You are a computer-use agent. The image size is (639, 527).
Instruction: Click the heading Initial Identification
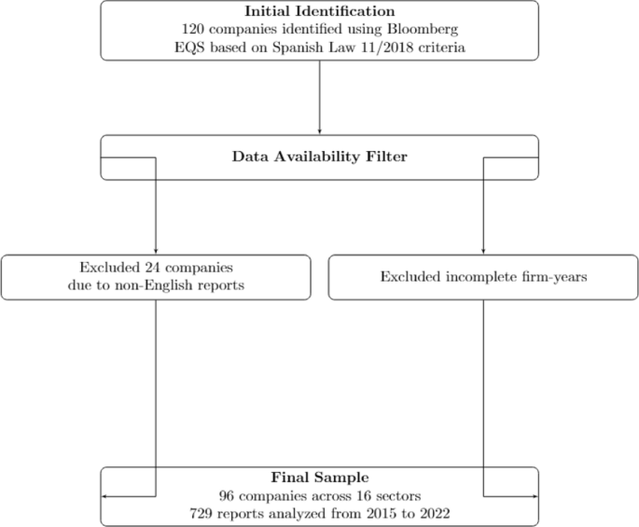[x=319, y=11]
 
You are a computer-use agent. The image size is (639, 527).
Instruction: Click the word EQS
[x=201, y=47]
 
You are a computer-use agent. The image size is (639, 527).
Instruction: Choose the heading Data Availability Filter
[x=319, y=157]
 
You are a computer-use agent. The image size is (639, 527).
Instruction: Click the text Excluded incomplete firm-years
[x=482, y=277]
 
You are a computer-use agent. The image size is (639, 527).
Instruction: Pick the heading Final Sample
[x=319, y=477]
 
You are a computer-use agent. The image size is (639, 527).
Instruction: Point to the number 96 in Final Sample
[x=227, y=494]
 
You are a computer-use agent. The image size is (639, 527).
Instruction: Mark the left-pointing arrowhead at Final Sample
[x=104, y=496]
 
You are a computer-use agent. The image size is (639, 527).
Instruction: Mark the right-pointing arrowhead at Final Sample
[x=535, y=496]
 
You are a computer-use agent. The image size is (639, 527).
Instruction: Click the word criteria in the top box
[x=417, y=47]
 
